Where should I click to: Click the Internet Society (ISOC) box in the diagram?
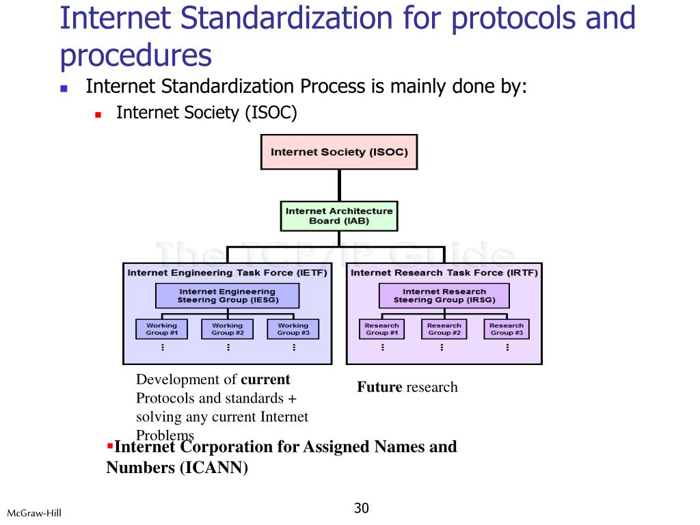tap(339, 152)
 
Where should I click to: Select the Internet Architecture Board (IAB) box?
tap(339, 216)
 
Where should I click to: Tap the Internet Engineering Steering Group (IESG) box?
tap(227, 296)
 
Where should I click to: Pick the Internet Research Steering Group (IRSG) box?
tap(444, 296)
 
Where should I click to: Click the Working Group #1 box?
tap(161, 329)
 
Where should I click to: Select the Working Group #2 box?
tap(227, 329)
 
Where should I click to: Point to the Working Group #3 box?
tap(293, 329)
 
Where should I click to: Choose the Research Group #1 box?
tap(381, 329)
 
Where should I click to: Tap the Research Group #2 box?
tap(444, 329)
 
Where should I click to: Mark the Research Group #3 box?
tap(507, 329)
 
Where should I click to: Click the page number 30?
tap(362, 508)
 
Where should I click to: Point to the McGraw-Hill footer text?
tap(34, 513)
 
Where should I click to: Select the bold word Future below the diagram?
tap(379, 388)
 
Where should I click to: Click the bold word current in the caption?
tap(265, 379)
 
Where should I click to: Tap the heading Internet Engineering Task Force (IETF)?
tap(227, 273)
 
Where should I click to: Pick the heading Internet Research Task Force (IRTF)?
tap(444, 273)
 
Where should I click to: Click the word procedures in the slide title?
tap(136, 55)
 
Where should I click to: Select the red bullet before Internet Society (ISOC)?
tap(98, 115)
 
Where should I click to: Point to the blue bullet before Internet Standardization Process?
tap(64, 88)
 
